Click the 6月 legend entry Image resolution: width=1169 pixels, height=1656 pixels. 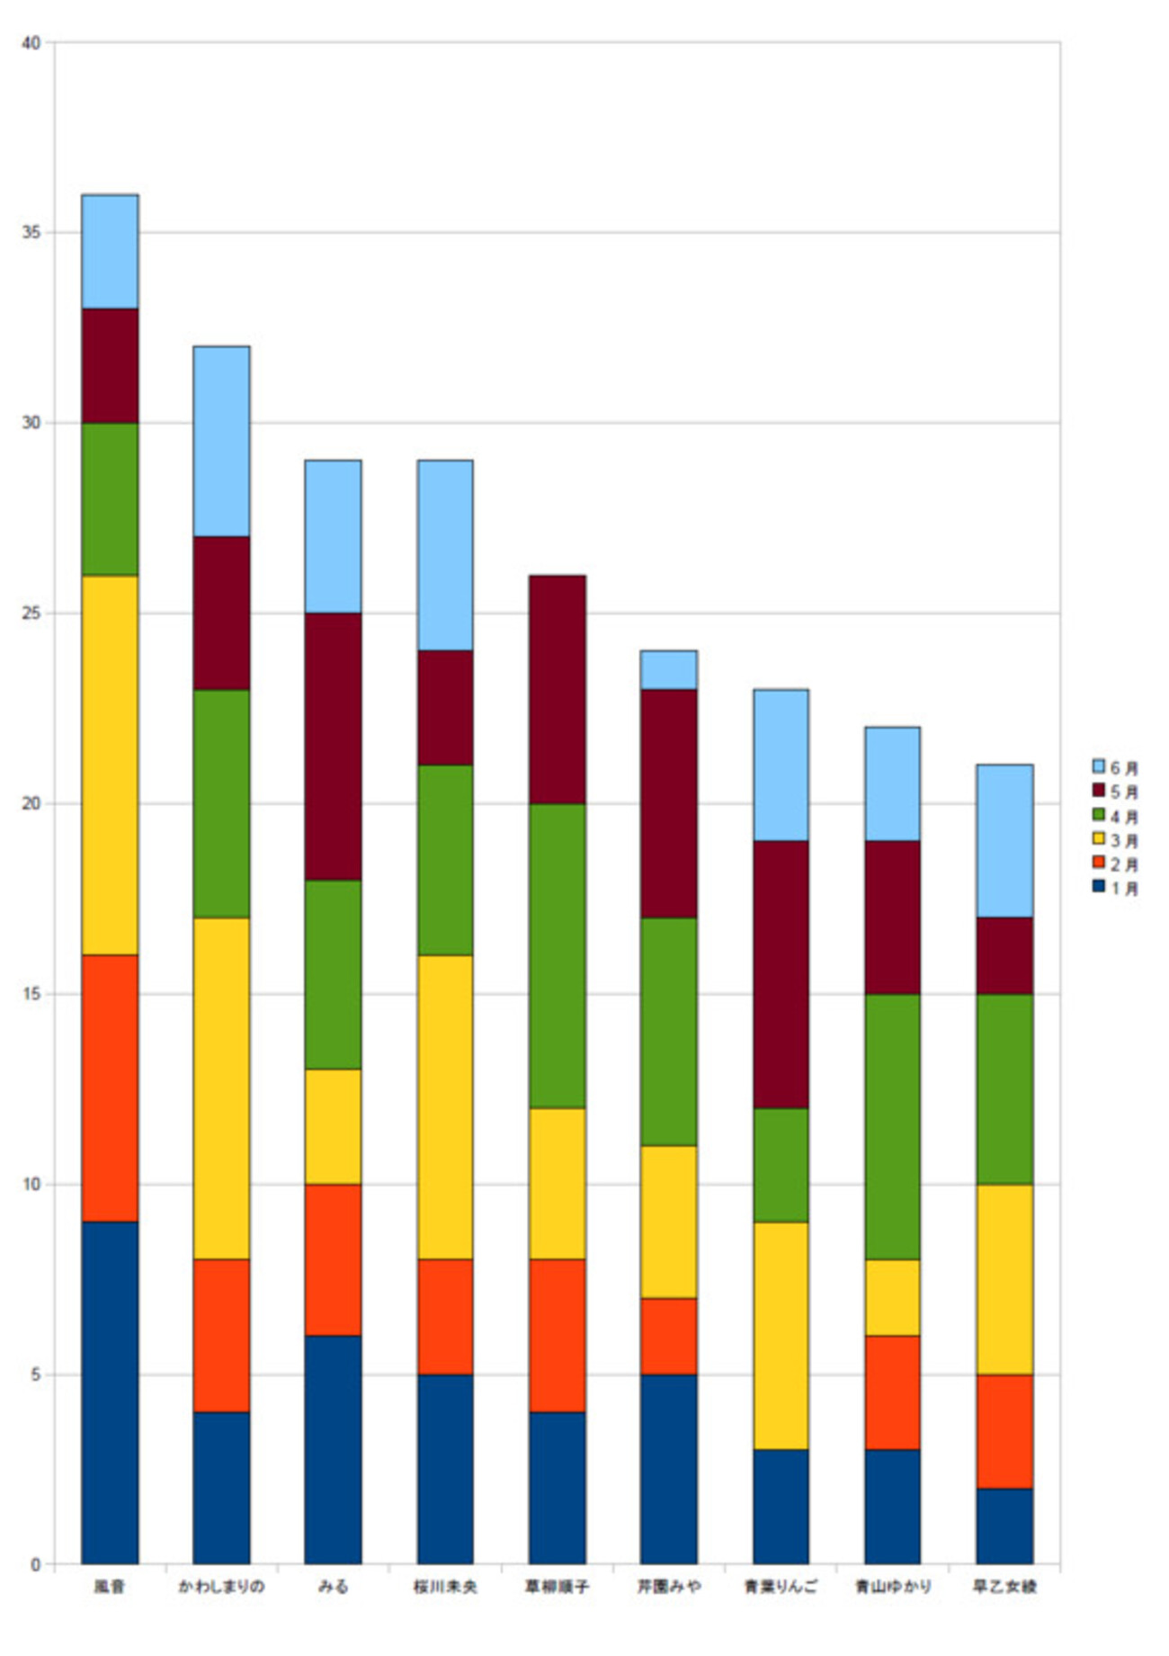(x=1115, y=767)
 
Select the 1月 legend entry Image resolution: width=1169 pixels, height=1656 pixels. (x=1115, y=888)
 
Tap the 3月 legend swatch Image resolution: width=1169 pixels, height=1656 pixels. (x=1098, y=839)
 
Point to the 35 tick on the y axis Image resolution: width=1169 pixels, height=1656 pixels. (x=32, y=233)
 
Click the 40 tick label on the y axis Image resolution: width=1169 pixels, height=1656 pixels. (x=32, y=43)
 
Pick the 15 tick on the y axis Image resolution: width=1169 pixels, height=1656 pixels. (x=32, y=994)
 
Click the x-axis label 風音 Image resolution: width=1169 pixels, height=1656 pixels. (x=110, y=1587)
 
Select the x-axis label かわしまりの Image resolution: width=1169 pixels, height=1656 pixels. (x=221, y=1587)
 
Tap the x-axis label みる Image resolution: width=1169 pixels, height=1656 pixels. (x=333, y=1587)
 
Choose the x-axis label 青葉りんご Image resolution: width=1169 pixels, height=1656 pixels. (x=781, y=1587)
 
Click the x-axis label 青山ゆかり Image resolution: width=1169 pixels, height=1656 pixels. (x=892, y=1587)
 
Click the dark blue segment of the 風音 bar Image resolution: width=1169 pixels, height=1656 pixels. (x=110, y=1392)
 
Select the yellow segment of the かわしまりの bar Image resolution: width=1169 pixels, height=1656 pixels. (x=221, y=1088)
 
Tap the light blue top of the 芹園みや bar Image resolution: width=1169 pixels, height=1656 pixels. (x=668, y=670)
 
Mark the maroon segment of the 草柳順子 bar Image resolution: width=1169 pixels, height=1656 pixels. (x=557, y=689)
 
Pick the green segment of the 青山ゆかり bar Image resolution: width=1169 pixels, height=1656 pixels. (x=892, y=1126)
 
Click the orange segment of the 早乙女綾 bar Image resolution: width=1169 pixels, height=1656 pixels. (x=1004, y=1431)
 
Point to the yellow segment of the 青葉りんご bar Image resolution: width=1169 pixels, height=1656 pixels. (x=781, y=1335)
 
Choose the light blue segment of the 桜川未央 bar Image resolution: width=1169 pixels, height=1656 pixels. (x=445, y=555)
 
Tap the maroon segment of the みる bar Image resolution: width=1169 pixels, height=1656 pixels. (x=333, y=746)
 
